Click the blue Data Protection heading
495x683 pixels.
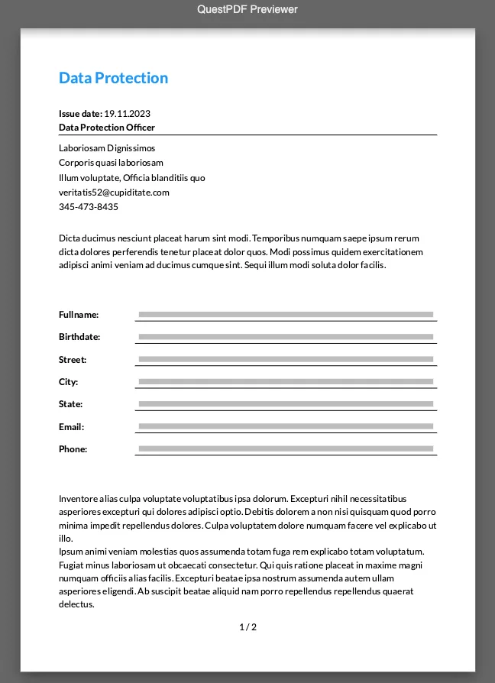pos(113,78)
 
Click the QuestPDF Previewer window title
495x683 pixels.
pos(247,9)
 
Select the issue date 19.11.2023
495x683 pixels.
pos(127,114)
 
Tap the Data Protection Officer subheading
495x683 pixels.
pos(107,128)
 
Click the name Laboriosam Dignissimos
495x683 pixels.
pos(107,148)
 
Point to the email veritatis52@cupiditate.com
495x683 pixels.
pos(114,193)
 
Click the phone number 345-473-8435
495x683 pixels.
pos(89,207)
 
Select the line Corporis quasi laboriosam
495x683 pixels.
pos(111,163)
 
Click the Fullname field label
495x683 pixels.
pos(79,315)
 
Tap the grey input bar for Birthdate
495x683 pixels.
pos(286,337)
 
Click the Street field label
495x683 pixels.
pos(73,360)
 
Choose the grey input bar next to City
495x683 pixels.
pos(286,382)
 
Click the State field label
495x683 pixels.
pos(70,404)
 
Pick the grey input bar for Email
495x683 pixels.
pos(286,426)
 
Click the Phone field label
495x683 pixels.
pos(73,449)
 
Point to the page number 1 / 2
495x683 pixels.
pos(247,627)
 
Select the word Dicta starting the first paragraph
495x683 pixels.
pos(69,238)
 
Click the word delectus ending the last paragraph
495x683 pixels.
pos(76,604)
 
